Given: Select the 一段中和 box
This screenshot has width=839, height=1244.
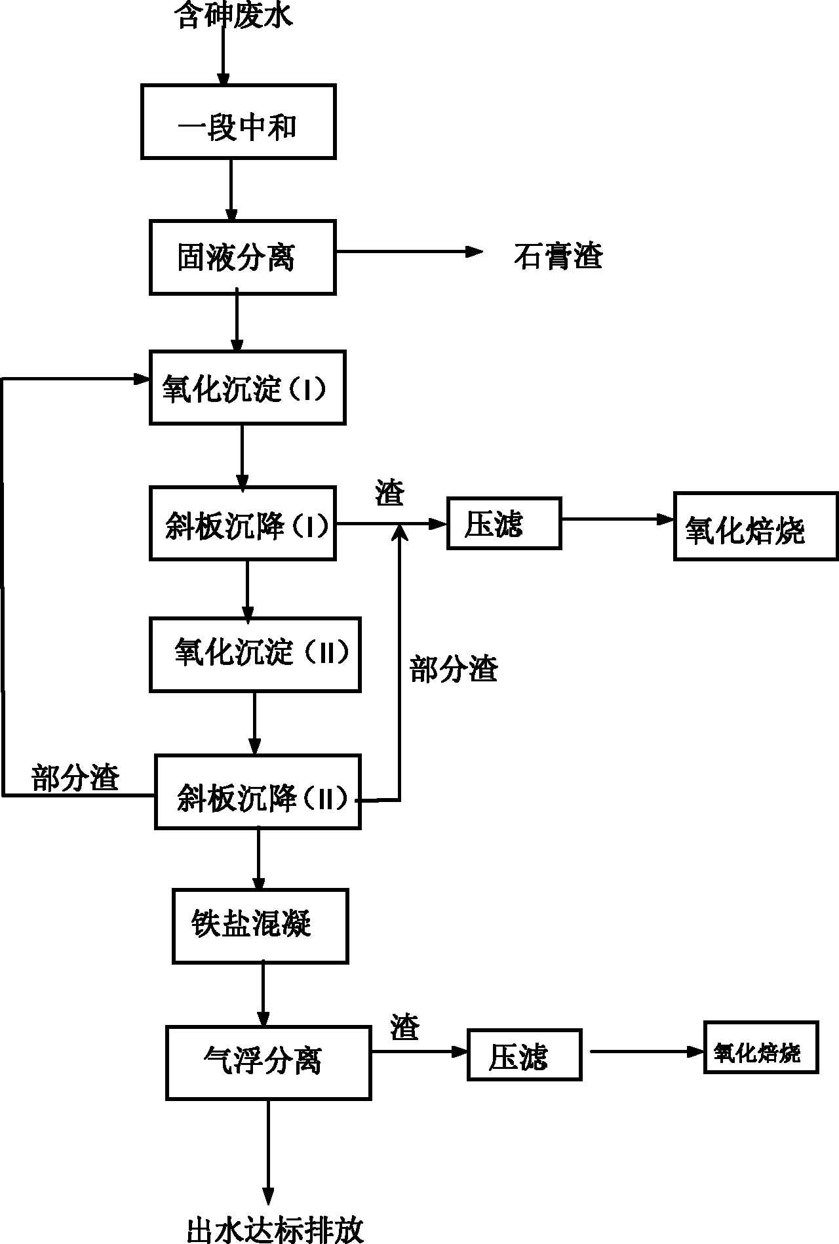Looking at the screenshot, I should (x=239, y=122).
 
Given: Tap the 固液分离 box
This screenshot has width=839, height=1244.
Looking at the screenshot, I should (x=243, y=257).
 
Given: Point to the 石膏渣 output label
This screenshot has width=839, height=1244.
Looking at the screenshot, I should (x=558, y=256).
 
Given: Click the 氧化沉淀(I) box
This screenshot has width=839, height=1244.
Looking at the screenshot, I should (x=247, y=388).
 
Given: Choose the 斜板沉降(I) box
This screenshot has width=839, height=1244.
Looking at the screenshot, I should (x=243, y=523).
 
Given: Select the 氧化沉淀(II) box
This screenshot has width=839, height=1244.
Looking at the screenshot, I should (x=255, y=654).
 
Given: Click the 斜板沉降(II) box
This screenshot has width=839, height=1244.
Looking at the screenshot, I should (x=258, y=792).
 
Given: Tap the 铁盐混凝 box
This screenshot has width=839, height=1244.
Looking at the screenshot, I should (x=260, y=926).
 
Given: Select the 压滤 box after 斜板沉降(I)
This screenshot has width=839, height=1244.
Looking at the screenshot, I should (x=504, y=523).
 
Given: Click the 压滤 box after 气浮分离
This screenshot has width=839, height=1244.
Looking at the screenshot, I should (x=524, y=1054).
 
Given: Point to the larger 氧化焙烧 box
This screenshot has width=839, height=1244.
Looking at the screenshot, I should (x=756, y=527).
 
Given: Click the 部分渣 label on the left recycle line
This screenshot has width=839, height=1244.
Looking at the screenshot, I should (x=75, y=778).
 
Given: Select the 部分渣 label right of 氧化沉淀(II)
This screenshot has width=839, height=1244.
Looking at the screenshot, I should (x=454, y=670).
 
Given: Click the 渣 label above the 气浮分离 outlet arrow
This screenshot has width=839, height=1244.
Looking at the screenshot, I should (x=404, y=1027).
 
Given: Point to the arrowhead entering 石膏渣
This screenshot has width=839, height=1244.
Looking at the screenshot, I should (x=475, y=252).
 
